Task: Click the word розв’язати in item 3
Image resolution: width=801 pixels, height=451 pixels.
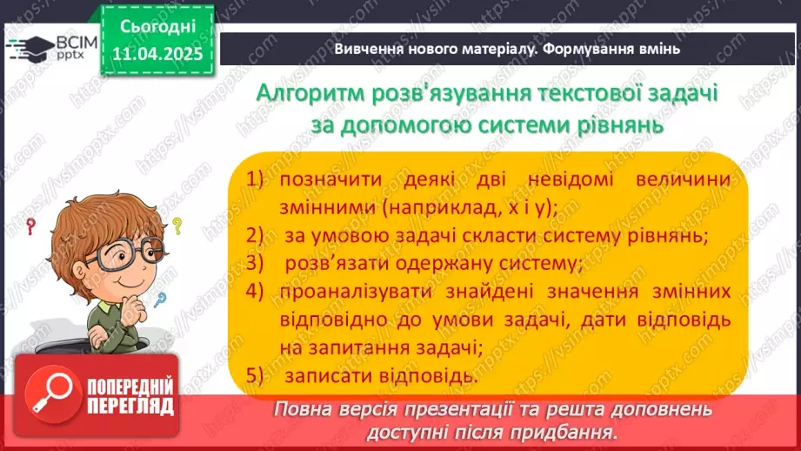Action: click(334, 263)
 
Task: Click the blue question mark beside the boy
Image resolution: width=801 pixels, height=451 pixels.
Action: click(160, 300)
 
